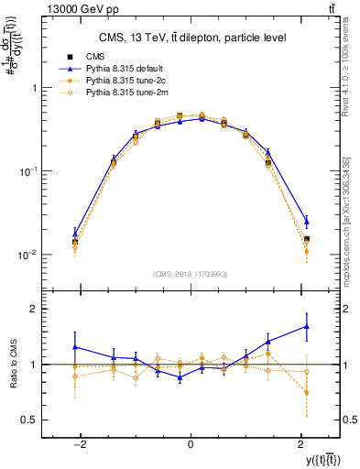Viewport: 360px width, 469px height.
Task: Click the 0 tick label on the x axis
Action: point(190,443)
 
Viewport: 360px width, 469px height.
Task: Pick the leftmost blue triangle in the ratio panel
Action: point(75,347)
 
